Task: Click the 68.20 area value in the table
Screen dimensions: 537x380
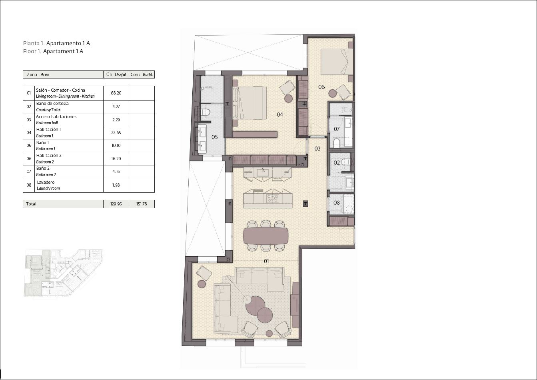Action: click(116, 93)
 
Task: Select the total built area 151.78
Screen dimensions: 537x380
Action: click(142, 204)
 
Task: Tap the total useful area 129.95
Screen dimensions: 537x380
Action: click(116, 204)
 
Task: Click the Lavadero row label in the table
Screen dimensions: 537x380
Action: click(46, 182)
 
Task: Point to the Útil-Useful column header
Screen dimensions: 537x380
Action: click(116, 74)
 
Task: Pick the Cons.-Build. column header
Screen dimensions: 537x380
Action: click(142, 74)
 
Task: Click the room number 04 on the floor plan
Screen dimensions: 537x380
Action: click(280, 115)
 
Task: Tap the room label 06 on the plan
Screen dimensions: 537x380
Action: click(321, 87)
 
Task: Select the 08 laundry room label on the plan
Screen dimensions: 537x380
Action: click(337, 203)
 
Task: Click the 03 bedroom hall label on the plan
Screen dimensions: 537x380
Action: click(317, 149)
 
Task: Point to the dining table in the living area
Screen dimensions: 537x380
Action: click(266, 236)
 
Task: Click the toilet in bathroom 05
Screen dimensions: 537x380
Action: click(205, 112)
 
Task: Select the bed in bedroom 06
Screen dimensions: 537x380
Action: click(334, 62)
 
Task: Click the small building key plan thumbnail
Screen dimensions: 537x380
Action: click(63, 273)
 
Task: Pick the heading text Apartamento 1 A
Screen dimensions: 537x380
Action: click(68, 43)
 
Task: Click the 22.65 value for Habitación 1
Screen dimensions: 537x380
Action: click(116, 133)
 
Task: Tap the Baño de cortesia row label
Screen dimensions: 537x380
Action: click(52, 103)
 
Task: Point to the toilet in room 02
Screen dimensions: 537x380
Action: click(346, 162)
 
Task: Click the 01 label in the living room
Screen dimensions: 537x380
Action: click(266, 261)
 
